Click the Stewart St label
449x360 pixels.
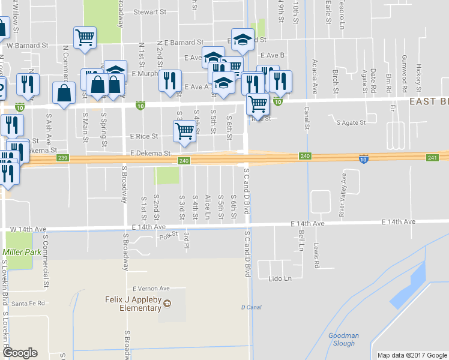coord(149,12)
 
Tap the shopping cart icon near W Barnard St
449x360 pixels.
coord(85,38)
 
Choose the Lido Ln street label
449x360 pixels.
coord(279,278)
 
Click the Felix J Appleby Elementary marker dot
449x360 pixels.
coord(169,304)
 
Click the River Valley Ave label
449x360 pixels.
coord(343,194)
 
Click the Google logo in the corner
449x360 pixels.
coord(20,353)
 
